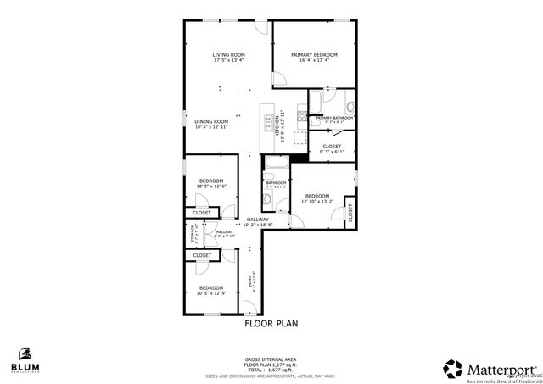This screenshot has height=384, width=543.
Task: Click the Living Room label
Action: [229, 58]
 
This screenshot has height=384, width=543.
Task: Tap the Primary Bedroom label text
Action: [310, 58]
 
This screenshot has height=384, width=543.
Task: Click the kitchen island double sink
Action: [267, 125]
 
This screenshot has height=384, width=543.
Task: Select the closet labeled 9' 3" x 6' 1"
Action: [331, 148]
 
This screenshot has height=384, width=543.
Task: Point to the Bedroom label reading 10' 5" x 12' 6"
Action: [210, 183]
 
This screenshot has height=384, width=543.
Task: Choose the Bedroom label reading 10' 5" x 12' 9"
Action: [210, 290]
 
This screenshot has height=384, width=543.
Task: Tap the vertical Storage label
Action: [193, 232]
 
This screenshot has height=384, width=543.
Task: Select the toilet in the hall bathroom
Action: [267, 200]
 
